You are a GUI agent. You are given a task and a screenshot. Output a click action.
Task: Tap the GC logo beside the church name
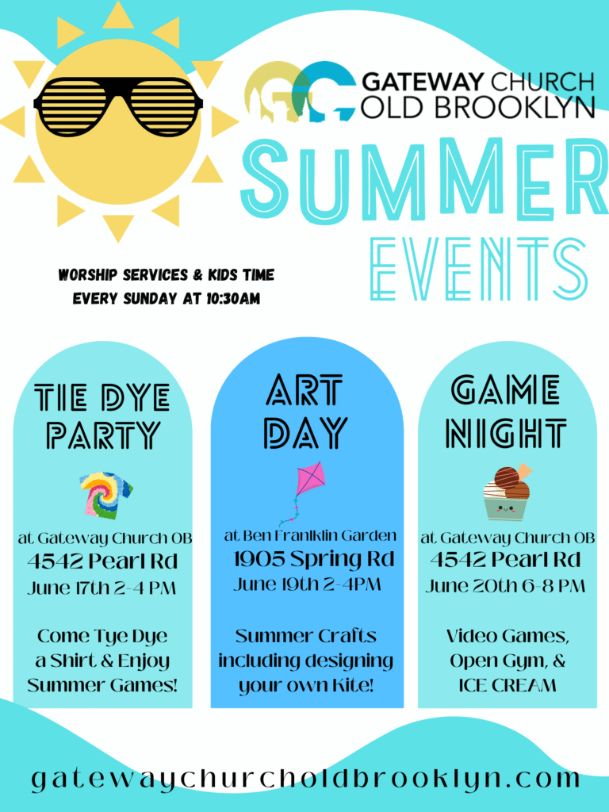click(x=301, y=92)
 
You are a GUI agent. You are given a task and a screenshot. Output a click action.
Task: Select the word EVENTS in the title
click(x=479, y=269)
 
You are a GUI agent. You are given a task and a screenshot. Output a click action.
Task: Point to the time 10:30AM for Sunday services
click(x=233, y=299)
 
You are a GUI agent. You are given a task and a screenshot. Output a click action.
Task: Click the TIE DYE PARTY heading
click(x=102, y=416)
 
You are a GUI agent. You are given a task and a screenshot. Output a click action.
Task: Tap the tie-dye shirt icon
click(x=105, y=495)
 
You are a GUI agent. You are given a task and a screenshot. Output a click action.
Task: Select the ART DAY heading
click(x=305, y=412)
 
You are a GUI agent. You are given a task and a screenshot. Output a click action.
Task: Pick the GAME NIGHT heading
click(x=506, y=412)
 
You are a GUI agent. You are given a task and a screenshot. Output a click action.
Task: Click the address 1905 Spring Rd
click(x=313, y=559)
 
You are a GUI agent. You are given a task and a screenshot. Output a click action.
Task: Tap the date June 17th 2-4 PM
click(x=101, y=588)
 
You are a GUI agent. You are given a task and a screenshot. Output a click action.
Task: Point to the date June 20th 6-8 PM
click(x=505, y=586)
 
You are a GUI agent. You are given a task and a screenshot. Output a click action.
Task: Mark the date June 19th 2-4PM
click(x=307, y=584)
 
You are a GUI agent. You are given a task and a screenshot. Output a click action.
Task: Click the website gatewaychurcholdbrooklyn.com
click(x=305, y=779)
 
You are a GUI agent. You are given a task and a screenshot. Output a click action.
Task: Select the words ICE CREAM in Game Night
click(x=507, y=685)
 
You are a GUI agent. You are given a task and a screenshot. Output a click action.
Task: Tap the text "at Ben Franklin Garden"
click(x=310, y=535)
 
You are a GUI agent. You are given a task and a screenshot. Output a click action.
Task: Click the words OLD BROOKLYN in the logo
click(x=477, y=106)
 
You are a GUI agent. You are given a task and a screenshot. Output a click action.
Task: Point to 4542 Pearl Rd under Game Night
click(x=505, y=560)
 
